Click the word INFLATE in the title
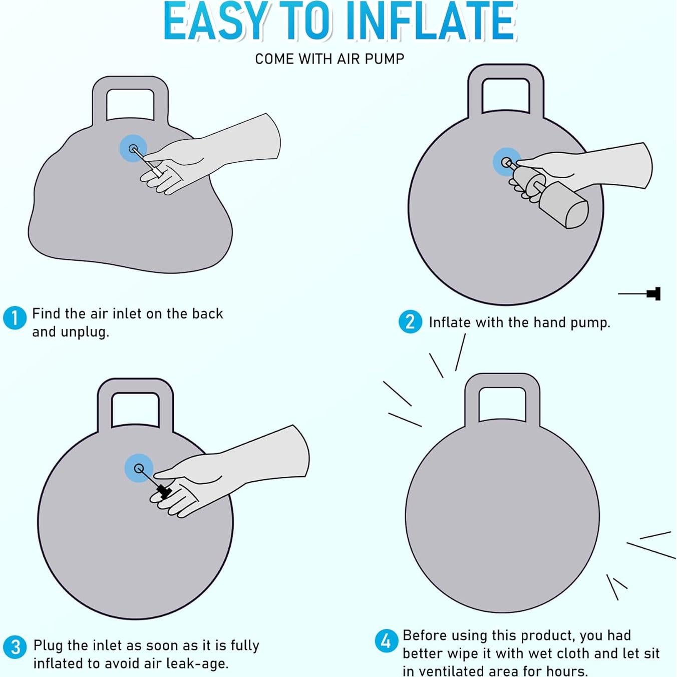point(430,22)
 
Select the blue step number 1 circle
point(15,318)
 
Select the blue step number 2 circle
point(410,322)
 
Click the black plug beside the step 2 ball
point(653,293)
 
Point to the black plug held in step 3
point(164,491)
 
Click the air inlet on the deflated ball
point(134,149)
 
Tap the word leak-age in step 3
point(198,664)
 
